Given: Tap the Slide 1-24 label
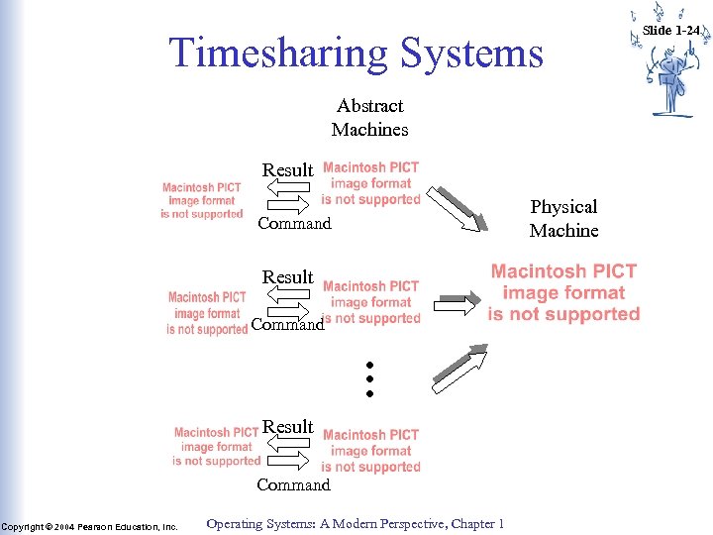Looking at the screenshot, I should [670, 31].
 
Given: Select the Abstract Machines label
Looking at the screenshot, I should [369, 117].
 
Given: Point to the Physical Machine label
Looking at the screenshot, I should [563, 218].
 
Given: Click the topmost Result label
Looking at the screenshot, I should [287, 170].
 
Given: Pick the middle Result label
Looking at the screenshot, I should [287, 277].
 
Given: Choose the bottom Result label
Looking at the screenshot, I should [287, 427].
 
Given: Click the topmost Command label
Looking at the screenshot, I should [294, 224].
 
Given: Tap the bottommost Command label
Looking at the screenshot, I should [293, 485].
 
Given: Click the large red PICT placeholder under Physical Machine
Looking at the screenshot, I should [563, 292].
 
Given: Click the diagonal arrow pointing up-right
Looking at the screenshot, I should [460, 364].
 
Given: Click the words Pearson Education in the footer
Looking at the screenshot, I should [127, 527].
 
